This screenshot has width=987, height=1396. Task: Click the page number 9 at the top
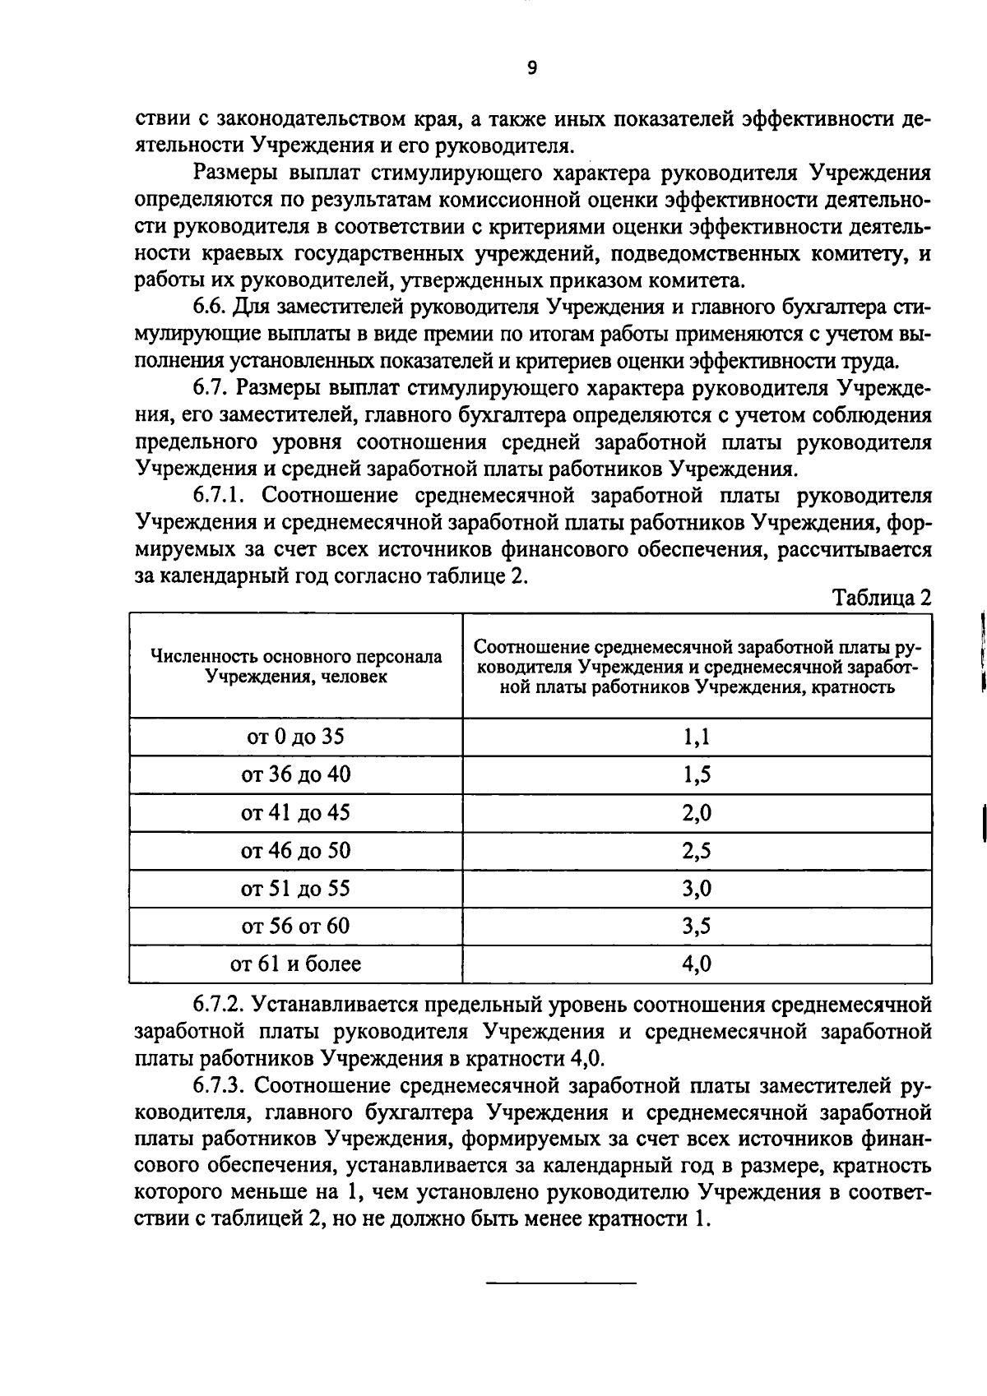click(532, 68)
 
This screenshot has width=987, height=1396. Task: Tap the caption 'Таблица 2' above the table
click(883, 598)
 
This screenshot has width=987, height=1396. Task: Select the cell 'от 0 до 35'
click(295, 737)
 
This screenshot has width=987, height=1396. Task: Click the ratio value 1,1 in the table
click(697, 737)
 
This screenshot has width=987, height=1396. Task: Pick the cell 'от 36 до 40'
click(295, 774)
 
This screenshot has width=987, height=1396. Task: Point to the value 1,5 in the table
click(697, 774)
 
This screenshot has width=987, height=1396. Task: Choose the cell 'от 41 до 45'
click(295, 813)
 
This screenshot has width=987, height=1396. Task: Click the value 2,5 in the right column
click(697, 851)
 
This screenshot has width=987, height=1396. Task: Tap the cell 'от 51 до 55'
click(295, 889)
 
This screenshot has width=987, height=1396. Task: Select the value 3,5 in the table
click(697, 927)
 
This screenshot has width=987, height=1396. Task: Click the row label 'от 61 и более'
click(295, 964)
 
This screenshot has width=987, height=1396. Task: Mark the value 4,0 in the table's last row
click(697, 964)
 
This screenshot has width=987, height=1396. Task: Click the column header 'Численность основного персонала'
click(296, 657)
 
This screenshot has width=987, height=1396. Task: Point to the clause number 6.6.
click(210, 308)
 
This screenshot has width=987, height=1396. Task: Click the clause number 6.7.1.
click(223, 496)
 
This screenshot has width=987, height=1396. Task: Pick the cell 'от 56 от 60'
click(295, 927)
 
